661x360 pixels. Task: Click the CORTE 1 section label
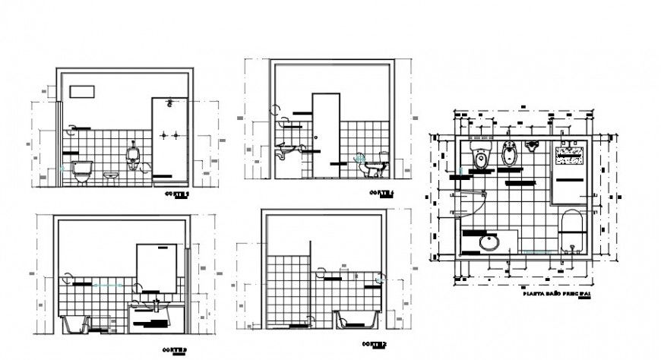[x=177, y=194]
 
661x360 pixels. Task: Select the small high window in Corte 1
[x=82, y=91]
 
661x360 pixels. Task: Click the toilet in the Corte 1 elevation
[x=81, y=171]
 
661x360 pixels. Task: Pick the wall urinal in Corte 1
[x=134, y=156]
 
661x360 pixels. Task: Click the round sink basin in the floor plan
[x=490, y=243]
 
